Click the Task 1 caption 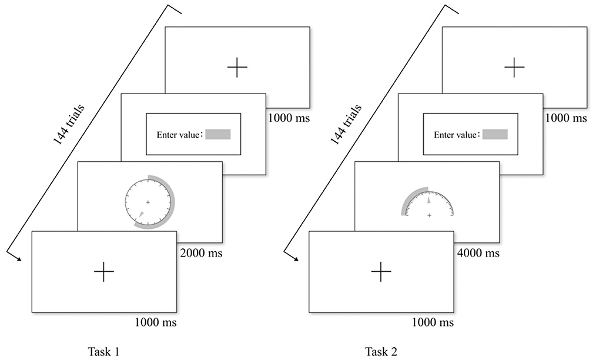[103, 352]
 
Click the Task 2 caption [381, 352]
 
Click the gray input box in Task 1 [217, 134]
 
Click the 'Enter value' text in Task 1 [178, 135]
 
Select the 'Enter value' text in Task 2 [456, 135]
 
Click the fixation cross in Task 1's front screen [103, 272]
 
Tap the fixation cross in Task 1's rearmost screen [237, 68]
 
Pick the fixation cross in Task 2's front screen [381, 272]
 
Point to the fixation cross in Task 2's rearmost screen [514, 68]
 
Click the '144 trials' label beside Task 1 [68, 125]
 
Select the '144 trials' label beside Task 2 [345, 125]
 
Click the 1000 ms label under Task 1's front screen [156, 322]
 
